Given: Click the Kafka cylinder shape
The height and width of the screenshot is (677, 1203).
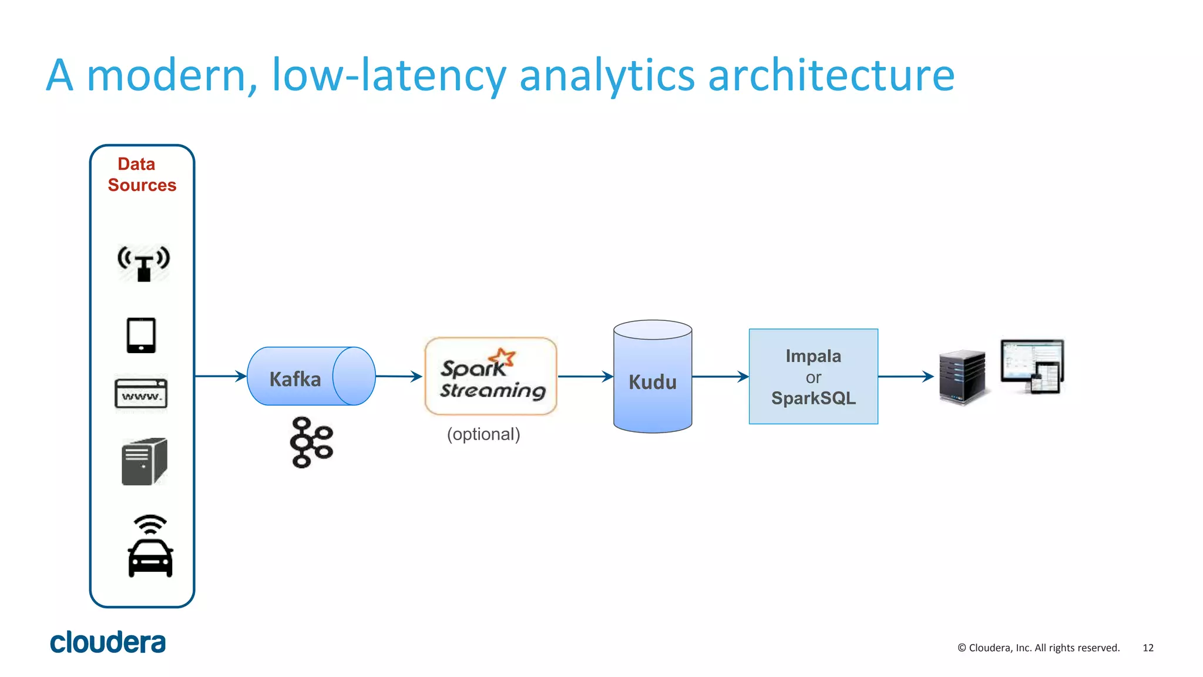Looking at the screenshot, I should [311, 377].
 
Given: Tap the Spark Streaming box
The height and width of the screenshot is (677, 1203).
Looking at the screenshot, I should [490, 377].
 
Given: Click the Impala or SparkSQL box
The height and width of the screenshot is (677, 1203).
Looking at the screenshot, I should [813, 377].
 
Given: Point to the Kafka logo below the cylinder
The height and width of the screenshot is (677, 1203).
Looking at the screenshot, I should [311, 443].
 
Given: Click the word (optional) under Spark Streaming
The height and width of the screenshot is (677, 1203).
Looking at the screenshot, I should [483, 434].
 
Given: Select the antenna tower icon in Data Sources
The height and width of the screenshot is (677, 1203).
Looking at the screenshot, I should [143, 263].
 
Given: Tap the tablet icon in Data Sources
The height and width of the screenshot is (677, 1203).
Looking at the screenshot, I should [142, 336].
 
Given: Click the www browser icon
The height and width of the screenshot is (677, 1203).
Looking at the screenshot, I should [141, 394].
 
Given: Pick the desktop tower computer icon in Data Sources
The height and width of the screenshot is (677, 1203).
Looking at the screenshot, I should [145, 461].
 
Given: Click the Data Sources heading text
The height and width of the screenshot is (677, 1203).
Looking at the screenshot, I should [142, 175].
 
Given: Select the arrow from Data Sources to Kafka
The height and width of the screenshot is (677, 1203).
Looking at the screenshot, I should [220, 376].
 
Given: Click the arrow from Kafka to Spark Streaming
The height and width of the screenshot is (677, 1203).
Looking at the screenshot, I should [399, 376].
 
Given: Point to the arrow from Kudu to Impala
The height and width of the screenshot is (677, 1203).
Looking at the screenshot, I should [720, 376].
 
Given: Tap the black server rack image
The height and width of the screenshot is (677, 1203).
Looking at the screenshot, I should [962, 377].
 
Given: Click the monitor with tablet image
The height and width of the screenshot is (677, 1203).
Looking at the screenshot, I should [1033, 366].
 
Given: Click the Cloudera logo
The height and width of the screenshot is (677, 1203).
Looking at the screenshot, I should [107, 642].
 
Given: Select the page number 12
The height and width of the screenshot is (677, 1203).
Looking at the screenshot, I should [1148, 648].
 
